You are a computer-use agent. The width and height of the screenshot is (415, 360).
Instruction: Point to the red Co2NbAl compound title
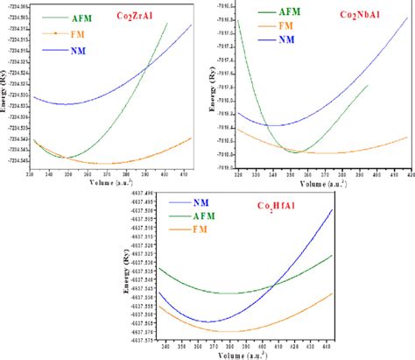(361, 16)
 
